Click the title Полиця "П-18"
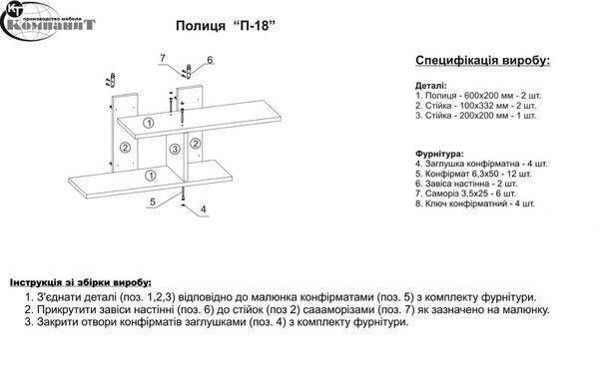pyautogui.click(x=226, y=26)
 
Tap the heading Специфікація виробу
pyautogui.click(x=483, y=61)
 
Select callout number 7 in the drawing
pyautogui.click(x=163, y=58)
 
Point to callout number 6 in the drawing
pyautogui.click(x=210, y=60)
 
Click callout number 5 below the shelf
pyautogui.click(x=153, y=201)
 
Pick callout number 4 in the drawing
pyautogui.click(x=203, y=209)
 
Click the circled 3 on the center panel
pyautogui.click(x=175, y=149)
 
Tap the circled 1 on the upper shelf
pyautogui.click(x=149, y=123)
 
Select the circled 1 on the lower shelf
pyautogui.click(x=151, y=175)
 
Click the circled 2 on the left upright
pyautogui.click(x=125, y=148)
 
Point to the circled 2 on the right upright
pyautogui.click(x=195, y=144)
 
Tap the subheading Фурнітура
pyautogui.click(x=439, y=154)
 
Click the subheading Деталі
pyautogui.click(x=431, y=86)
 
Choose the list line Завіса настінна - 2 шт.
pyautogui.click(x=466, y=184)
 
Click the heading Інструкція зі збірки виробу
pyautogui.click(x=81, y=282)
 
